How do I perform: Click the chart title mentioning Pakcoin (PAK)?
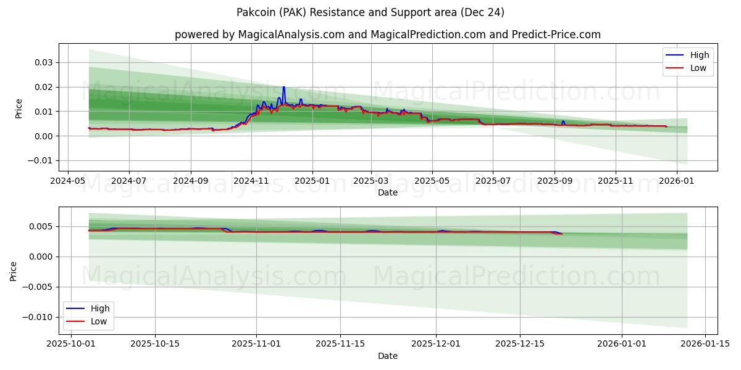point(370,12)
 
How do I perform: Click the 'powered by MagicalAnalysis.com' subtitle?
point(387,35)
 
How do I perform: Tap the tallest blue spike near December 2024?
point(283,88)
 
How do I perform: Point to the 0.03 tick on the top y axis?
point(44,62)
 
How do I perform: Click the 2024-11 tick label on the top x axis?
point(251,182)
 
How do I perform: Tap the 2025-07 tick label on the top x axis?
point(492,182)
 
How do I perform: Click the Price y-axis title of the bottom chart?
point(14,271)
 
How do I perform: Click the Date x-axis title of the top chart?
point(387,192)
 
